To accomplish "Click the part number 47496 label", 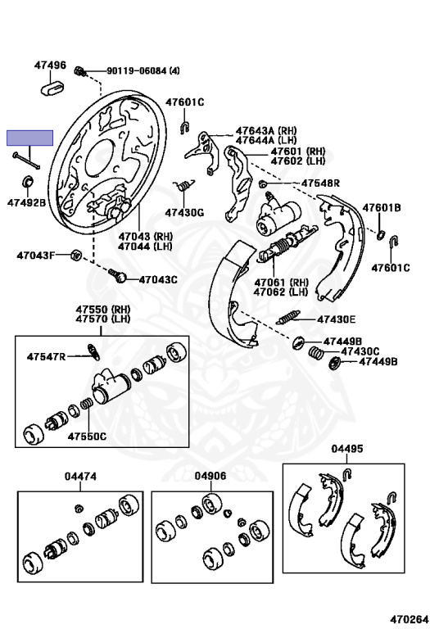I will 50,65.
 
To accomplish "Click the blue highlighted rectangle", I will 30,138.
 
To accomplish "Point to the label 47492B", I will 27,202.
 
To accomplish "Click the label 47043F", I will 36,255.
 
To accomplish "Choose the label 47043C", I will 157,279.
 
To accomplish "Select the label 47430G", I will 183,213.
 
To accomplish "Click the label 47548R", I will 320,183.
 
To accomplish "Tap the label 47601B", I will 382,208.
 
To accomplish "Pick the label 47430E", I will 337,319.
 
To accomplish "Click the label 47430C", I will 360,351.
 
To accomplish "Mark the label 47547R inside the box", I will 45,356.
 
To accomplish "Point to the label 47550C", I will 87,436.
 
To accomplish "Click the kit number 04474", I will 81,476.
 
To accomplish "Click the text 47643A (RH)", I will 266,130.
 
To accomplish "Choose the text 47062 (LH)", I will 281,292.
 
